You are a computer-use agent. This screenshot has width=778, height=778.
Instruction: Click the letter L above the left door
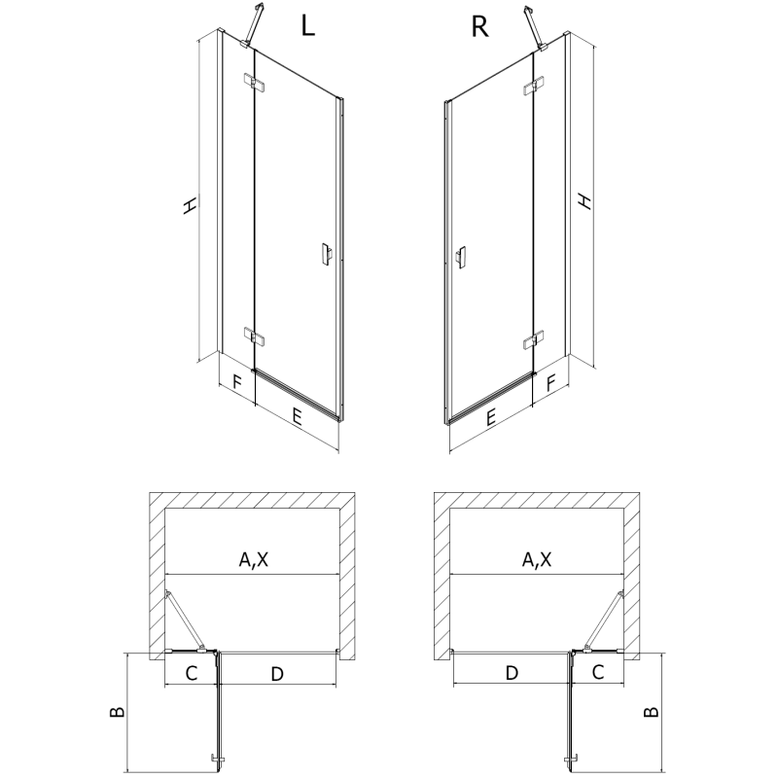click(x=307, y=26)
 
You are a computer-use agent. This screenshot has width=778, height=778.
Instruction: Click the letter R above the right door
click(x=478, y=26)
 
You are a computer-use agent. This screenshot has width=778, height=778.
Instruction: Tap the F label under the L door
click(x=236, y=383)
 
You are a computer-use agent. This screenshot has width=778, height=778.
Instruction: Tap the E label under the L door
click(x=297, y=418)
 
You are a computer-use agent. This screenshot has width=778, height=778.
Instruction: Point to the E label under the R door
click(x=491, y=418)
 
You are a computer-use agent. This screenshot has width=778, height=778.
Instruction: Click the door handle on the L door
click(x=325, y=254)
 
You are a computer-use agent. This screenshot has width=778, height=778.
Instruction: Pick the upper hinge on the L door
click(x=252, y=84)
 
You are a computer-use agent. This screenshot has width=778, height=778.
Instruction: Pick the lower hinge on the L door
click(x=253, y=337)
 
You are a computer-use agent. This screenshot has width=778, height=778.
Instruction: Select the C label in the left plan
click(x=192, y=672)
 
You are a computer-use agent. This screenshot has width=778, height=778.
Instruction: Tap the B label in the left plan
click(x=117, y=712)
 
